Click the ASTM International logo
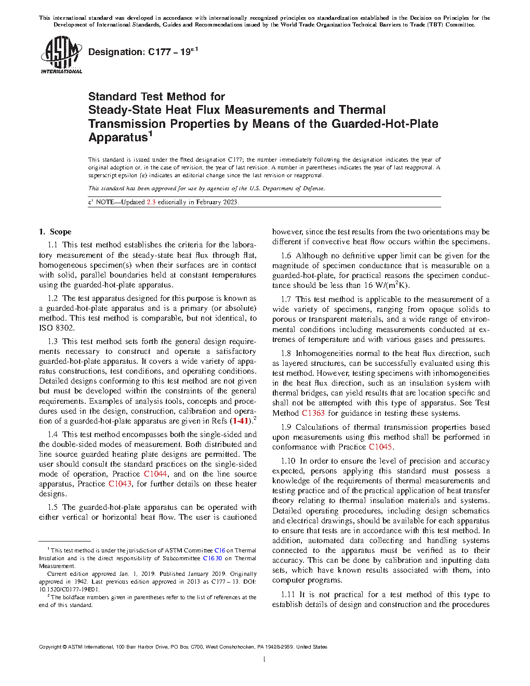(61, 55)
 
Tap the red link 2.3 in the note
(151, 202)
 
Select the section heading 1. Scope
(56, 232)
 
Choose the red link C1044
(155, 474)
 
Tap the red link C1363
(313, 413)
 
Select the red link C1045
(381, 447)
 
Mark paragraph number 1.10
(288, 461)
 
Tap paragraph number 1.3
(52, 341)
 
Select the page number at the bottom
(264, 659)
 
